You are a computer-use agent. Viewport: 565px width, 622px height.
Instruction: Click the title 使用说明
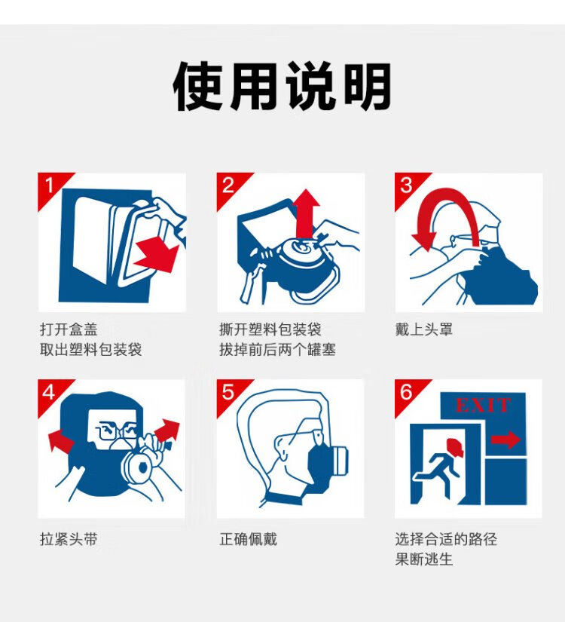(x=282, y=86)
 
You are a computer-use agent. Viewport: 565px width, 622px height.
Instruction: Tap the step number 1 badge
(x=50, y=186)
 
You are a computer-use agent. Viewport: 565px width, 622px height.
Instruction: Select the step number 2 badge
(x=230, y=186)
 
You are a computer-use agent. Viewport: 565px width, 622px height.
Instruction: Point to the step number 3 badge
(x=408, y=186)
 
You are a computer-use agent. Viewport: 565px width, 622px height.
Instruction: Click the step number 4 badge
(x=50, y=393)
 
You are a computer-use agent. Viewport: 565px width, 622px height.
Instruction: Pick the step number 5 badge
(x=229, y=393)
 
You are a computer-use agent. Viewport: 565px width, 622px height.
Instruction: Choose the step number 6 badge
(x=408, y=393)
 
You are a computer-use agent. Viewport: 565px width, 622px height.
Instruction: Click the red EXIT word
(x=483, y=405)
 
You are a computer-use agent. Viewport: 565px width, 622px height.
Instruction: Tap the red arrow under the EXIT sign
(x=505, y=440)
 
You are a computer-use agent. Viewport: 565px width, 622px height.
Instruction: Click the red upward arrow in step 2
(x=306, y=214)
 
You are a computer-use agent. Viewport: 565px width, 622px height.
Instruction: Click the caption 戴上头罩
(x=423, y=329)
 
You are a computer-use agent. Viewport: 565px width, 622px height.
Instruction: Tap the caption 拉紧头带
(x=69, y=539)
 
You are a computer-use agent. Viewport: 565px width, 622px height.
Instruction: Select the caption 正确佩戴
(x=248, y=539)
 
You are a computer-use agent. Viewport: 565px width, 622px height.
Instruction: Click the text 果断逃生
(x=423, y=559)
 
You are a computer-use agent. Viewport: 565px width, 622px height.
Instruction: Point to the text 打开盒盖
(x=69, y=329)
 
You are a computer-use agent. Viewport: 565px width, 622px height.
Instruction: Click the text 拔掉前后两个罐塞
(x=277, y=350)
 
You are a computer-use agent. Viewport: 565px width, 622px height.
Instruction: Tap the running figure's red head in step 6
(x=454, y=447)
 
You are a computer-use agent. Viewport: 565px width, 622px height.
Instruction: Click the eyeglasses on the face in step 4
(x=118, y=430)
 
